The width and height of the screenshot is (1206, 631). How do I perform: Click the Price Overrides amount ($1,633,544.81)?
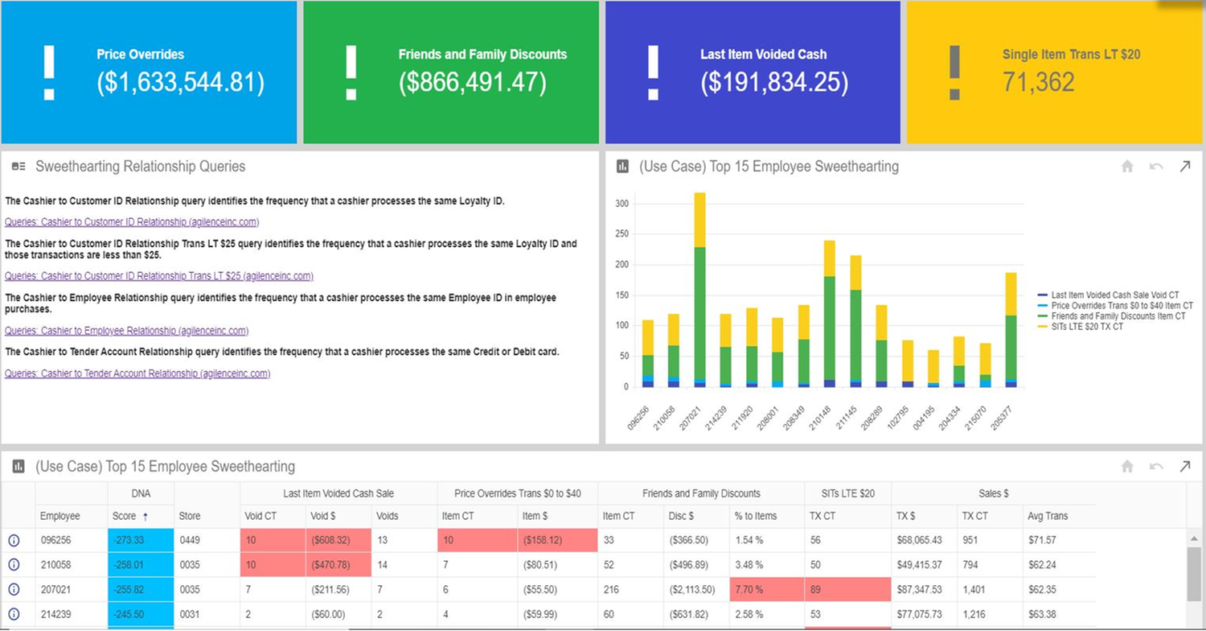pyautogui.click(x=180, y=82)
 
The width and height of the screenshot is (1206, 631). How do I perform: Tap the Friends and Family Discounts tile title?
pyautogui.click(x=482, y=55)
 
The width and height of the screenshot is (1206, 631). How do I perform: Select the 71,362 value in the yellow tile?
pyautogui.click(x=1038, y=82)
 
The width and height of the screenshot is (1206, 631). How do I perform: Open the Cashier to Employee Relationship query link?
pyautogui.click(x=126, y=331)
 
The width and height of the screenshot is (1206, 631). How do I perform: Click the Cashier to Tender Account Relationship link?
pyautogui.click(x=137, y=373)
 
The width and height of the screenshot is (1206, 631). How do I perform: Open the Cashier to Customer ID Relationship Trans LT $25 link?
pyautogui.click(x=158, y=276)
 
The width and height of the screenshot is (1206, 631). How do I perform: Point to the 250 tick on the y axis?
pyautogui.click(x=621, y=234)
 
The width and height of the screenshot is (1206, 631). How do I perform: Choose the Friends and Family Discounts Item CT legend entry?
pyautogui.click(x=1118, y=316)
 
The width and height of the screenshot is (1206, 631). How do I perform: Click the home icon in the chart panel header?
pyautogui.click(x=1127, y=167)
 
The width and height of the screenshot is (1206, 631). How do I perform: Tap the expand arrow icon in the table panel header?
pyautogui.click(x=1184, y=466)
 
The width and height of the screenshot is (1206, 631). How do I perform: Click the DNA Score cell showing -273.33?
pyautogui.click(x=140, y=540)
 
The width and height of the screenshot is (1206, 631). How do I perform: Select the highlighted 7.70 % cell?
pyautogui.click(x=767, y=590)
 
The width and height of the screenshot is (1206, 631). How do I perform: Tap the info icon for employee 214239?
pyautogui.click(x=14, y=614)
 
